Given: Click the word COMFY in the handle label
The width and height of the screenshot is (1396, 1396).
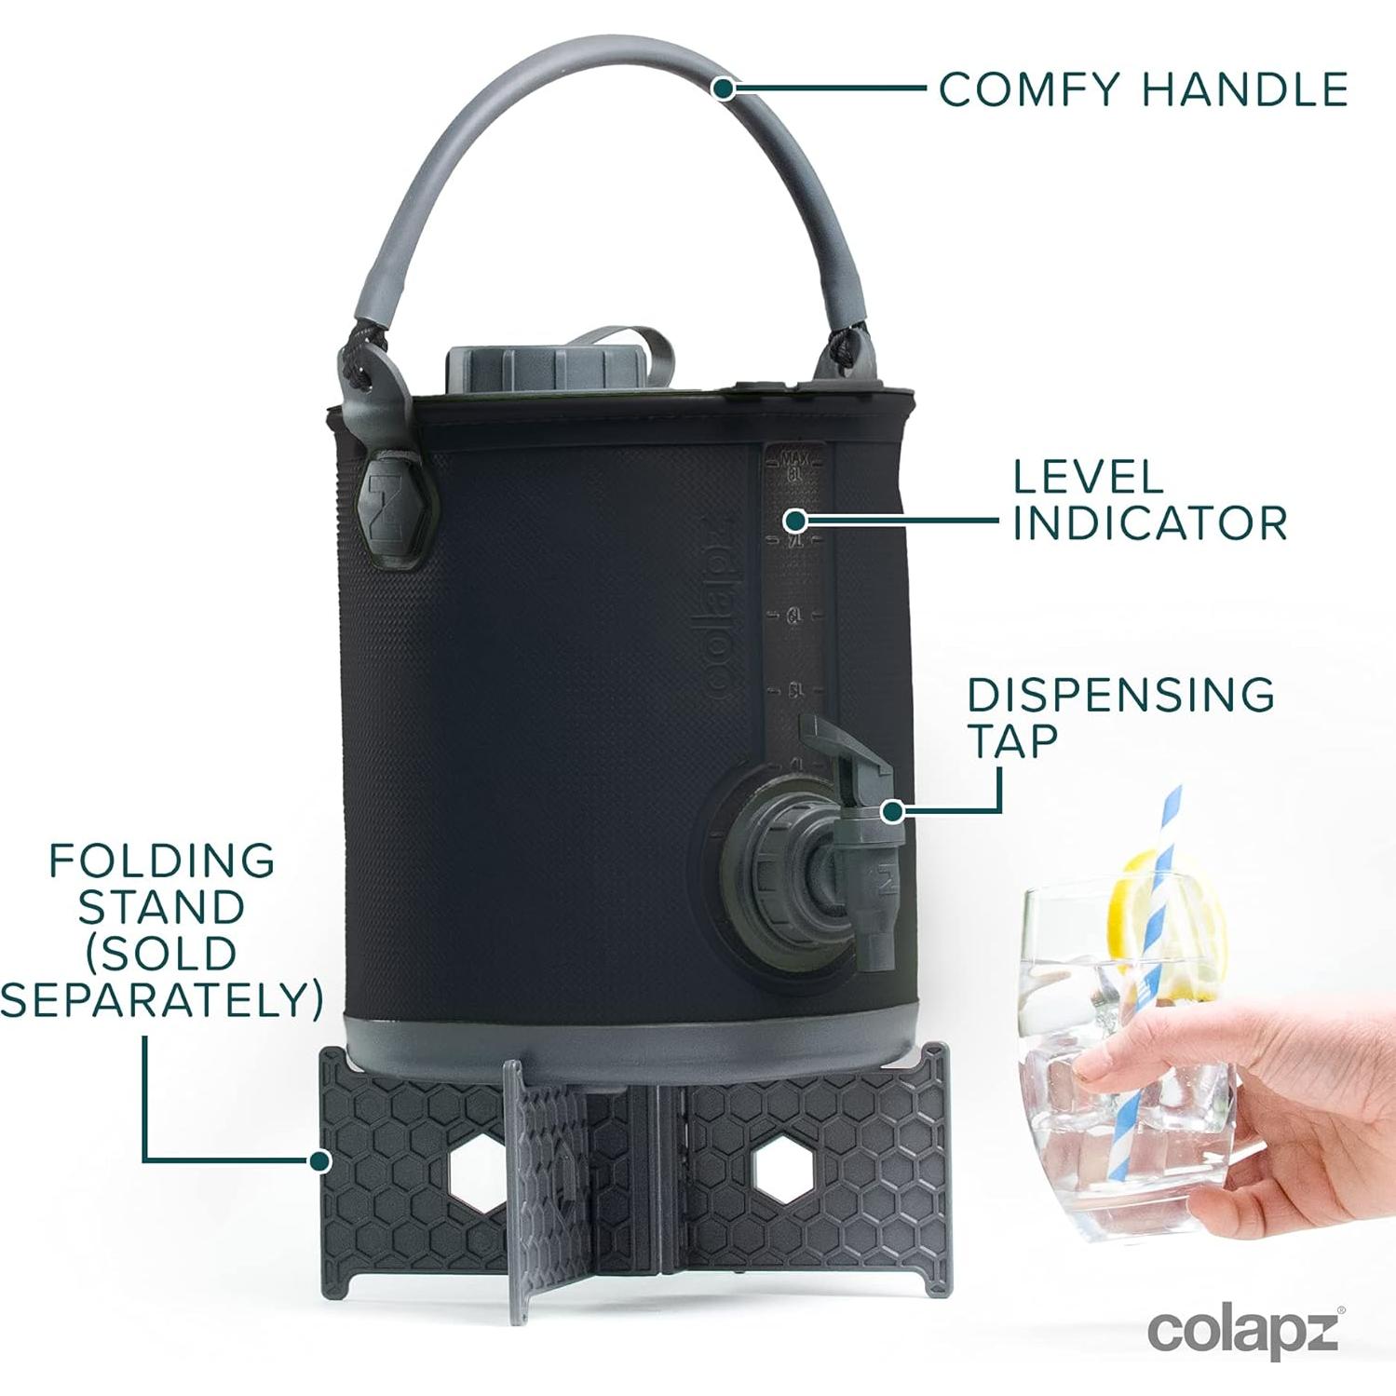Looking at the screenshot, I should (x=1029, y=89).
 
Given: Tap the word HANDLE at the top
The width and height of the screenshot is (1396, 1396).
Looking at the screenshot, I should (x=1245, y=89).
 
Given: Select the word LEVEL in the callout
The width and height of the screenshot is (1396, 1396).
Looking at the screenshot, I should (x=1088, y=477).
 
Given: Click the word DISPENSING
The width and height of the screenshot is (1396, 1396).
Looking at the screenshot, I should (x=1121, y=695).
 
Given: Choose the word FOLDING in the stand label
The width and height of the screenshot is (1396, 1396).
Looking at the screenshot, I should (x=162, y=861).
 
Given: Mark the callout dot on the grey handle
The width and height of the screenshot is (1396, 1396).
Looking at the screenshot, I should (x=723, y=88).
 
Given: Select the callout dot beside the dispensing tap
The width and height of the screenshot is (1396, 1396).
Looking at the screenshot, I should (x=892, y=811).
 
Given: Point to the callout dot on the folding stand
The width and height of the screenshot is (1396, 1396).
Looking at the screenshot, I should (x=320, y=1160).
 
